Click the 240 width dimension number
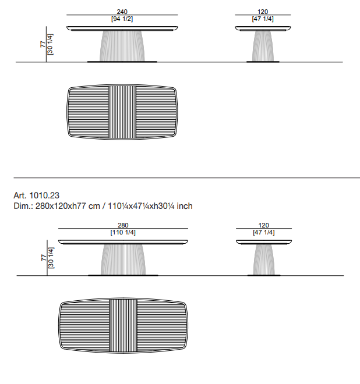(x=122, y=12)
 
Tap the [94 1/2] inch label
(x=122, y=19)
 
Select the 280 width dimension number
(x=123, y=225)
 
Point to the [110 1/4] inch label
(x=123, y=232)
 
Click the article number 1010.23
(x=44, y=195)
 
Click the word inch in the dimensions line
(x=185, y=206)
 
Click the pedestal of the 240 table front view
(x=122, y=45)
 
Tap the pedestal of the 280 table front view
(x=123, y=259)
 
